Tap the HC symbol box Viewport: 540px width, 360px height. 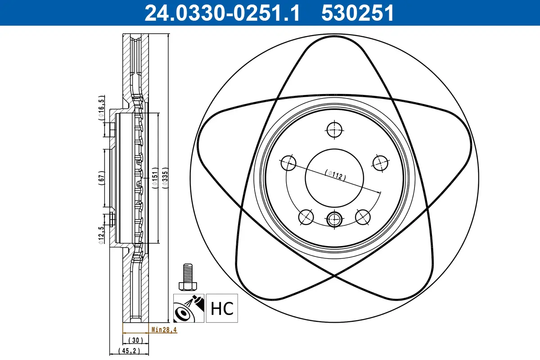[x=222, y=308]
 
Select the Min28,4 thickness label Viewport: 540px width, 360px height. [x=164, y=330]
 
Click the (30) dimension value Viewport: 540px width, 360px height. [x=135, y=340]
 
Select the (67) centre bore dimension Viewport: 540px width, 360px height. [x=101, y=176]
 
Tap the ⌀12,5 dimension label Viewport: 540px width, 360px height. [x=102, y=234]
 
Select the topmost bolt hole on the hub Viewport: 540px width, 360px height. [x=334, y=130]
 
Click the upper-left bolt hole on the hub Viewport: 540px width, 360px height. [x=288, y=163]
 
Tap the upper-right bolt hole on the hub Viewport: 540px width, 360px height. [x=380, y=163]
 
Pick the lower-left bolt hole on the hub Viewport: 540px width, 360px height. [x=306, y=217]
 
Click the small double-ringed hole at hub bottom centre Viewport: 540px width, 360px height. [x=334, y=219]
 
